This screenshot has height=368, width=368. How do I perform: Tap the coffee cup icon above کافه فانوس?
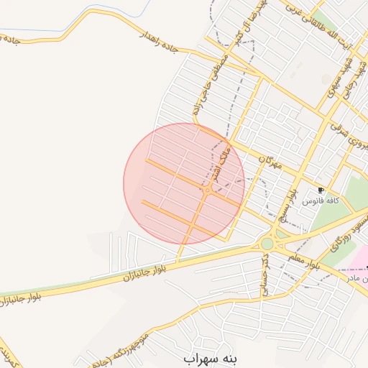[x=321, y=190]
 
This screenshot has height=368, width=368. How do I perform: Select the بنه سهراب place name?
[x=209, y=356]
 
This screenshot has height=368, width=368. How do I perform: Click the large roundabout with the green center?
[x=267, y=244]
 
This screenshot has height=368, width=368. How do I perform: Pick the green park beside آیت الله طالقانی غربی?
[x=325, y=22]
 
